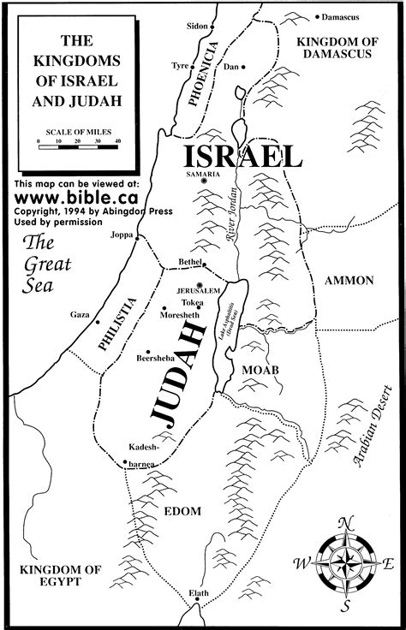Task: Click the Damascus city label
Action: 344,17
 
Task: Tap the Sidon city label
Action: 196,27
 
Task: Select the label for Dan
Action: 229,67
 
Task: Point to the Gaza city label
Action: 81,315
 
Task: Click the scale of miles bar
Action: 80,148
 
